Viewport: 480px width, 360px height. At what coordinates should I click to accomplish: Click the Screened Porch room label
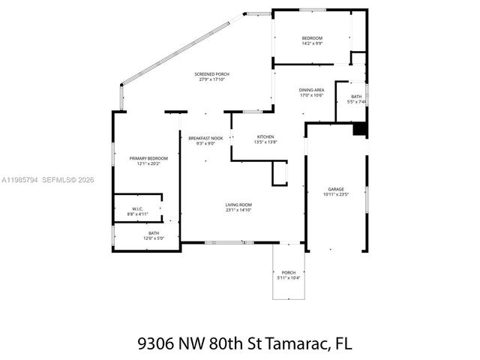click(x=211, y=74)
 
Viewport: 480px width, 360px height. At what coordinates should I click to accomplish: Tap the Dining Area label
click(x=311, y=90)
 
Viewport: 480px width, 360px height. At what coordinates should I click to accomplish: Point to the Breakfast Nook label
click(x=205, y=137)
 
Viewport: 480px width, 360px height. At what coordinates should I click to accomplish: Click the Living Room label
click(x=239, y=205)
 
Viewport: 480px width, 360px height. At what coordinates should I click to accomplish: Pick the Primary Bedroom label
click(x=148, y=158)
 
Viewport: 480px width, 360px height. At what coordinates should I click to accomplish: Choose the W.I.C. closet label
click(x=137, y=209)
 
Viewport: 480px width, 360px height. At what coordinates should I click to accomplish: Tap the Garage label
click(x=335, y=189)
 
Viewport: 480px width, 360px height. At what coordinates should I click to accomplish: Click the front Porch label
click(x=289, y=272)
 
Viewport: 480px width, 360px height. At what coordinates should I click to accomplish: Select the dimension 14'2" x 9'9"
click(x=312, y=43)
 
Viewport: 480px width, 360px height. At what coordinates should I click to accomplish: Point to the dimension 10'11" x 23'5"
click(x=335, y=195)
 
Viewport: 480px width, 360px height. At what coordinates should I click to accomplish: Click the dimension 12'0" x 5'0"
click(x=154, y=239)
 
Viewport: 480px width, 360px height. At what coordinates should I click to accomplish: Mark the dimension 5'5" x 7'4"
click(x=356, y=102)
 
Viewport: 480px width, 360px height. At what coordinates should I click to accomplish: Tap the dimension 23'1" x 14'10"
click(x=239, y=210)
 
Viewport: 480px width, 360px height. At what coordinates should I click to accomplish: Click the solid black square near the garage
click(x=361, y=129)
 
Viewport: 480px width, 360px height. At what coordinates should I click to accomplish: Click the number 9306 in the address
click(x=156, y=343)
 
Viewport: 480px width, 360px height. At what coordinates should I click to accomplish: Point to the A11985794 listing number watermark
click(x=21, y=180)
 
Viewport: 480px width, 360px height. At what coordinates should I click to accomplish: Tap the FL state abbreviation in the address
click(x=343, y=343)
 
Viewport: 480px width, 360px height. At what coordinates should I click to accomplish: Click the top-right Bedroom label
click(x=312, y=38)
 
